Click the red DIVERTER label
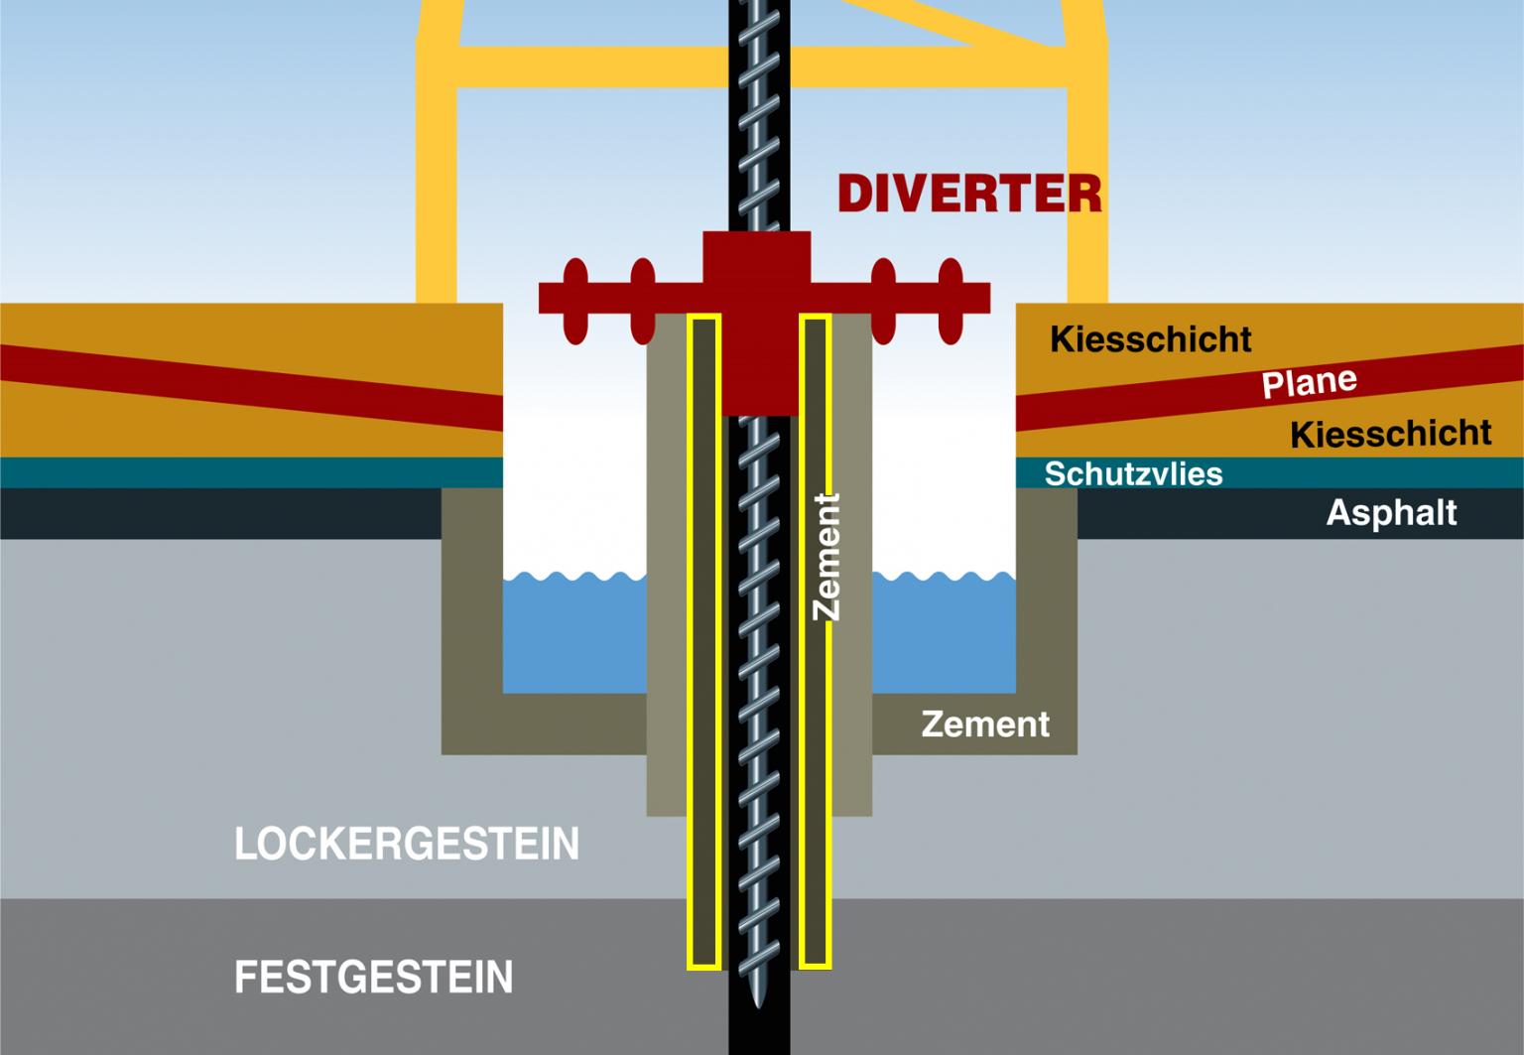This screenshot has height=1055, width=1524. pyautogui.click(x=969, y=194)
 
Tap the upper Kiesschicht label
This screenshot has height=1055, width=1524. pyautogui.click(x=1151, y=339)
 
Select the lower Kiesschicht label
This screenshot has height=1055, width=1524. pyautogui.click(x=1391, y=434)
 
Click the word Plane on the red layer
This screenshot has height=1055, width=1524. pyautogui.click(x=1309, y=382)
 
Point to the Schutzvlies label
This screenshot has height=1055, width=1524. pyautogui.click(x=1133, y=473)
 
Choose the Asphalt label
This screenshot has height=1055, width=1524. pyautogui.click(x=1391, y=512)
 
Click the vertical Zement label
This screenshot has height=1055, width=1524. pyautogui.click(x=827, y=557)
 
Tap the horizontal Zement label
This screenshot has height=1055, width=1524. pyautogui.click(x=985, y=725)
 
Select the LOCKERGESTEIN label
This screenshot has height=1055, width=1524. pyautogui.click(x=407, y=844)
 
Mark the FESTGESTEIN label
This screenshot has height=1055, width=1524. pyautogui.click(x=373, y=977)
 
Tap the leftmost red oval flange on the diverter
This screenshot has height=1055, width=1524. pyautogui.click(x=575, y=301)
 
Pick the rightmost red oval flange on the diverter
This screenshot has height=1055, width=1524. pyautogui.click(x=951, y=301)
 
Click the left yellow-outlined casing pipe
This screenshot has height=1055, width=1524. pyautogui.click(x=703, y=641)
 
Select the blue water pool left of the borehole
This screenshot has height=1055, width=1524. pyautogui.click(x=574, y=633)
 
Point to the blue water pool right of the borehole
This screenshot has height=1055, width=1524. pyautogui.click(x=945, y=633)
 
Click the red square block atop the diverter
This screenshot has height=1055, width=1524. pyautogui.click(x=757, y=257)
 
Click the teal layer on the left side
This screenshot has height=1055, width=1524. pyautogui.click(x=251, y=472)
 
